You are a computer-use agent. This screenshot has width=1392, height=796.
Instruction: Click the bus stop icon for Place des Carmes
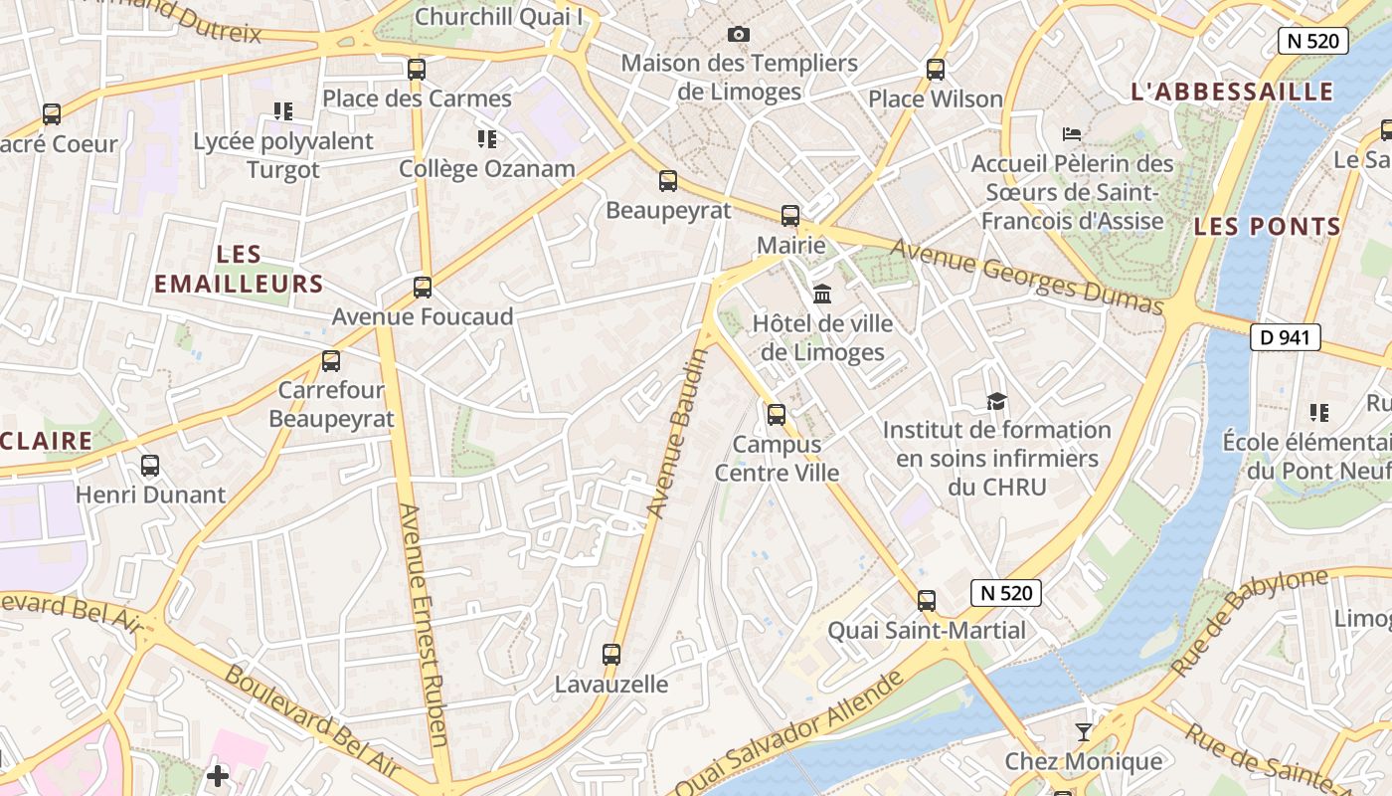(417, 70)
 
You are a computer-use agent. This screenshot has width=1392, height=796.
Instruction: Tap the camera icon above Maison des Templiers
(738, 35)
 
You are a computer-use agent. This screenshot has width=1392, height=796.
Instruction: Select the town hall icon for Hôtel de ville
(822, 294)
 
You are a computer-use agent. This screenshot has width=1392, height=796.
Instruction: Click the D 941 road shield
(1285, 337)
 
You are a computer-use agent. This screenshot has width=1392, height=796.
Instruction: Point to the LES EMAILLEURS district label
(239, 270)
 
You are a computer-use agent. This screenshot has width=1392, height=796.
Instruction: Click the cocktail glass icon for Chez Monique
(1084, 732)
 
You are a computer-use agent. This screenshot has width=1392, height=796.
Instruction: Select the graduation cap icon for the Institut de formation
(996, 401)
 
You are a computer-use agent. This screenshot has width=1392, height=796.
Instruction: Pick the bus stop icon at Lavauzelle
(611, 655)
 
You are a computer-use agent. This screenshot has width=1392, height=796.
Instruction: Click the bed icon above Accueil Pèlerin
(1072, 133)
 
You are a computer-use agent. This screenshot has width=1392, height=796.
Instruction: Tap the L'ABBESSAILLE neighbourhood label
(1232, 93)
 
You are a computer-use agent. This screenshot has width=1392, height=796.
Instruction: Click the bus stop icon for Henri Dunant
(150, 466)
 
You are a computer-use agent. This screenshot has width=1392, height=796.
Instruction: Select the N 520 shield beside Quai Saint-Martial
(1006, 593)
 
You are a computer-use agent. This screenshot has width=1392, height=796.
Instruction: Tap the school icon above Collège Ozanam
(486, 139)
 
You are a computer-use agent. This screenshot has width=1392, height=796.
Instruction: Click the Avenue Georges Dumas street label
(1025, 276)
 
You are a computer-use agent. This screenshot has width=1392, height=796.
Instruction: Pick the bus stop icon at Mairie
(790, 216)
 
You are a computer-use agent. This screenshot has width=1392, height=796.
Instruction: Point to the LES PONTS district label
(1268, 227)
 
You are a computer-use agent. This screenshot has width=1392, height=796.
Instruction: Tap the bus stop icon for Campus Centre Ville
(777, 415)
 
